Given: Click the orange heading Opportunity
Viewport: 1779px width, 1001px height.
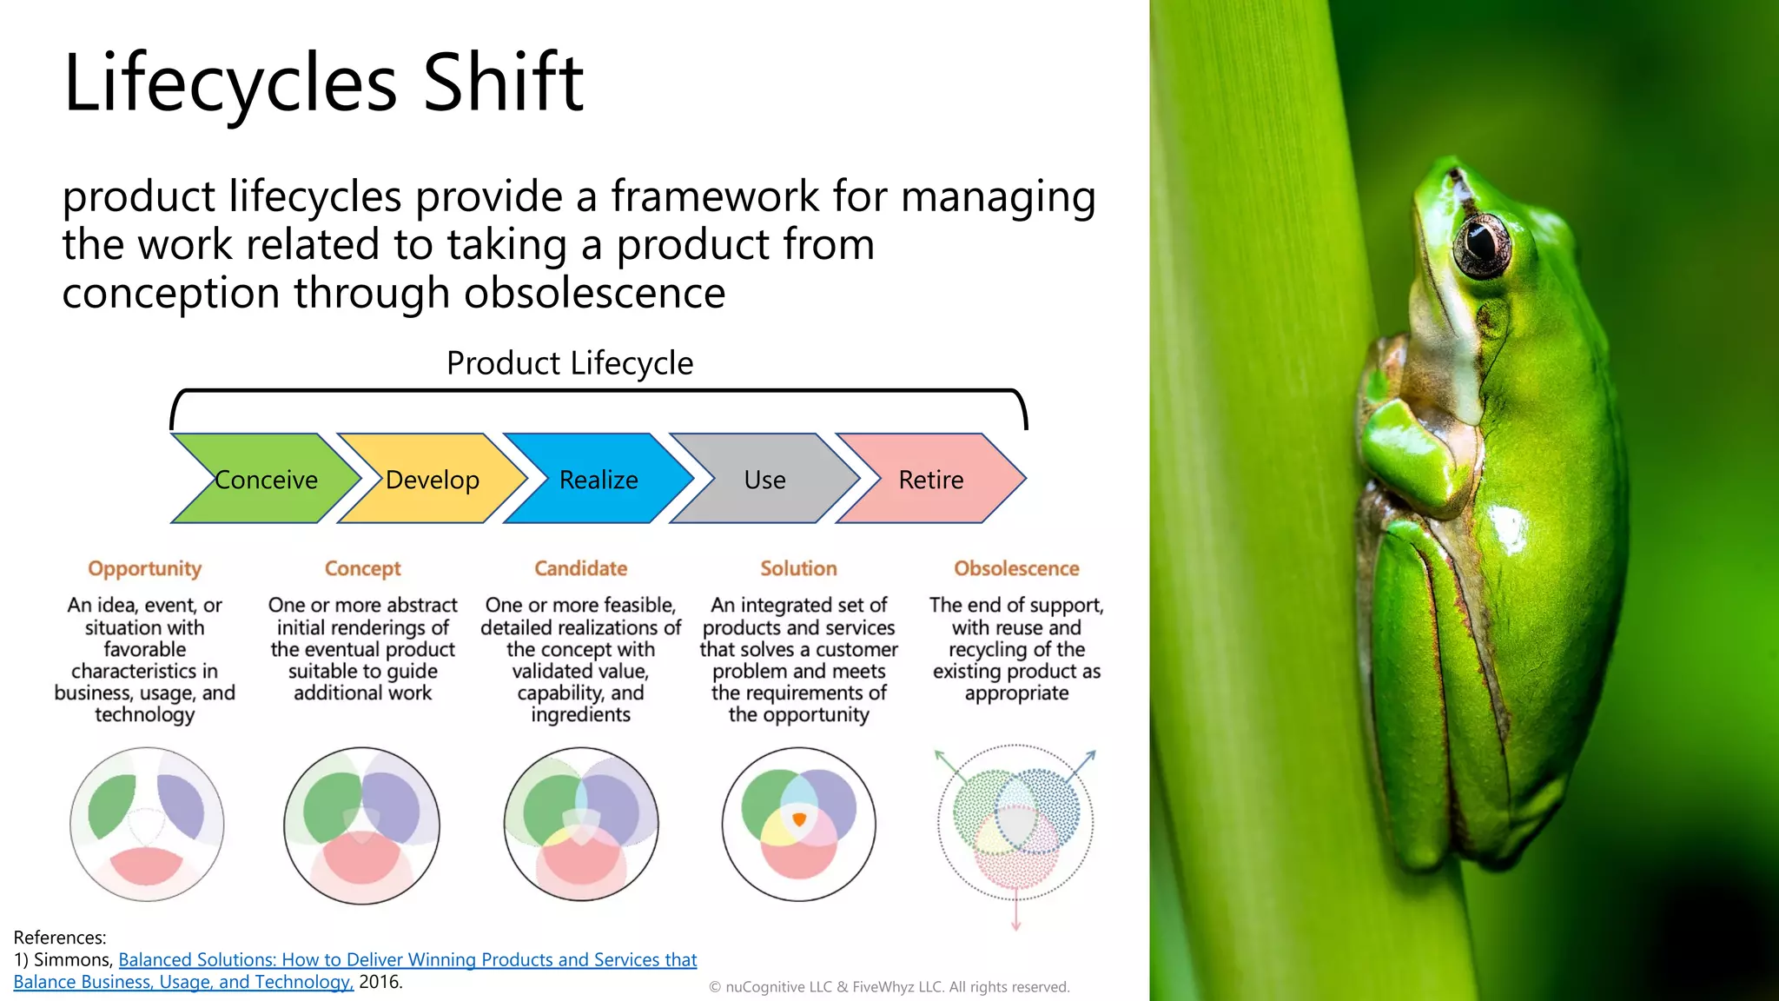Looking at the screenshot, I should point(144,568).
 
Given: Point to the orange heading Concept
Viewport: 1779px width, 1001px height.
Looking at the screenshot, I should point(362,568).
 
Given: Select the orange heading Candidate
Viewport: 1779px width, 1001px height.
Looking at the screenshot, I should point(580,568).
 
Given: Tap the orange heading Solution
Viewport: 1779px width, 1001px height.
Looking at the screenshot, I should point(798,568).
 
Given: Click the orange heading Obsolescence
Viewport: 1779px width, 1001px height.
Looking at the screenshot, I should point(1016,568).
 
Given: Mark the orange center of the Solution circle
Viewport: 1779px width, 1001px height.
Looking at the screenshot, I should point(799,819).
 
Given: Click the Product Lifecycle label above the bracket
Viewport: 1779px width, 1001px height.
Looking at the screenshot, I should point(570,363).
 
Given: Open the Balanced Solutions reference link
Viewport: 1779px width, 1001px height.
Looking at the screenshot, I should point(407,959).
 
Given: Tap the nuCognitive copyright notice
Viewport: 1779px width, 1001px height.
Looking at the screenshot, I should point(889,987).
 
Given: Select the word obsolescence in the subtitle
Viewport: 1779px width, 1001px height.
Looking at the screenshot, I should point(594,293).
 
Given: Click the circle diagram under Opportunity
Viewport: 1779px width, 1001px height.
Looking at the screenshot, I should point(146,824).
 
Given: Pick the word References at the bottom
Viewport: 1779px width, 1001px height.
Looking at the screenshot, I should point(59,938).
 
